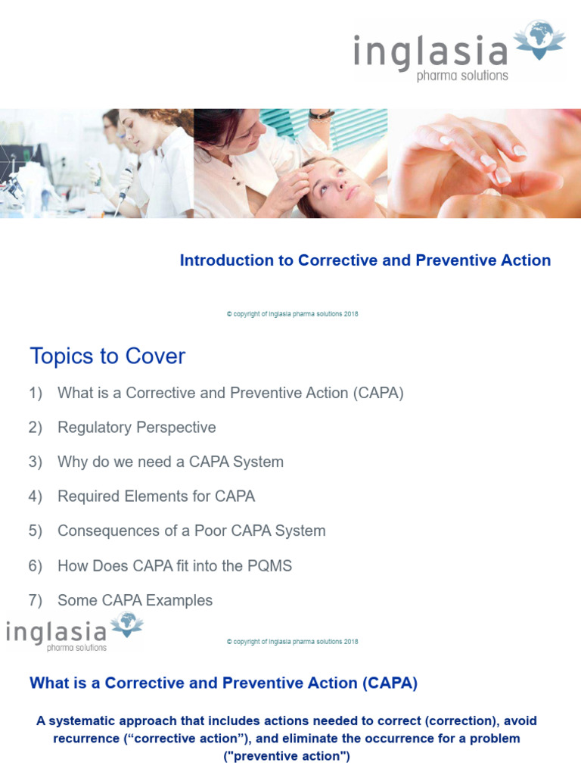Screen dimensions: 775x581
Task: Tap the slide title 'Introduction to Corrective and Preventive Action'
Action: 365,260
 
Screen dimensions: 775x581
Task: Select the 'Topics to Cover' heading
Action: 107,356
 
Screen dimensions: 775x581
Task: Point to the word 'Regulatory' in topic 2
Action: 93,428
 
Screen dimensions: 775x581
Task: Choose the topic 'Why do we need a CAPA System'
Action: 170,462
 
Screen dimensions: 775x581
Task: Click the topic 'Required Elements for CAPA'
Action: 156,496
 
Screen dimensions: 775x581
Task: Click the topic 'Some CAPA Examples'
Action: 135,600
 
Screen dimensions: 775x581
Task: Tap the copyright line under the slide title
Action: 292,314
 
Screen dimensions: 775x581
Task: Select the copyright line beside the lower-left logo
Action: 292,642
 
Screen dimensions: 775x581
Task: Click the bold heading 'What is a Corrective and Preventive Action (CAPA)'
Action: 223,683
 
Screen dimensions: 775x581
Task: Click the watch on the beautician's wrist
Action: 322,115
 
